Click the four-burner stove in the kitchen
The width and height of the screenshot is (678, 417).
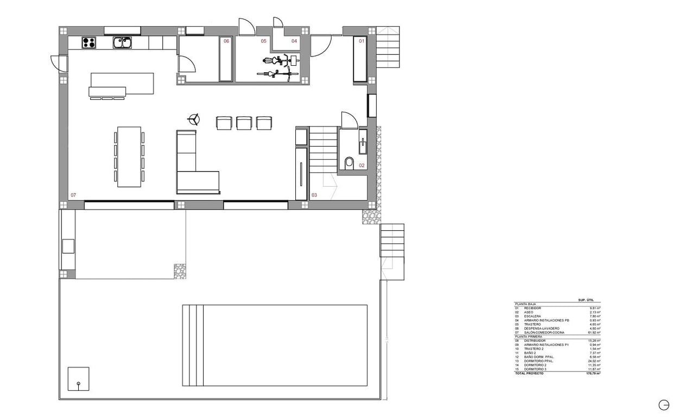coord(89,42)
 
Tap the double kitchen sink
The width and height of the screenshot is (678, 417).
coord(123,42)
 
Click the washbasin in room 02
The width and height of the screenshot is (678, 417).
coord(362,142)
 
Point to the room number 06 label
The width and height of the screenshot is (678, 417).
coord(226,41)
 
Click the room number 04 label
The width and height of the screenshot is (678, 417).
coord(294,41)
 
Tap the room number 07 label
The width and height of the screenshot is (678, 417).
coord(73,194)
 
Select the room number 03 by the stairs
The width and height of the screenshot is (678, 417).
coord(314,194)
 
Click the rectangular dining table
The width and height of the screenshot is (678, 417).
coord(129,157)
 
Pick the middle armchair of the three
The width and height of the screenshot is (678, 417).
coord(244,123)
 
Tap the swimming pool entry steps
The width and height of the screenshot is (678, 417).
coord(193,345)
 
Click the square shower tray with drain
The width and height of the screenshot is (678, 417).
coord(78,379)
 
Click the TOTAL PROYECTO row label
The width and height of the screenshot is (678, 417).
coord(529,374)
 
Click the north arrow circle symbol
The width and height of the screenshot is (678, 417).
coord(663,405)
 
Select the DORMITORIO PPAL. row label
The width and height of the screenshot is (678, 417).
coord(536,361)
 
